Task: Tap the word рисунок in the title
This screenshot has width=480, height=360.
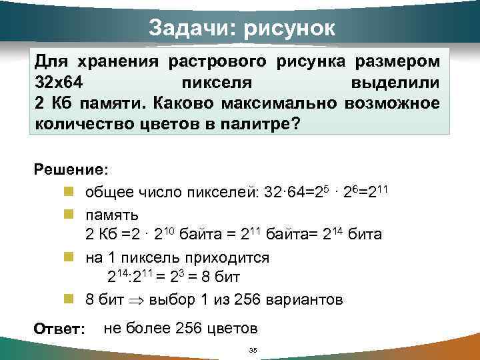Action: pos(288,28)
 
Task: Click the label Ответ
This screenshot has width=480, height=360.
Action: pos(59,329)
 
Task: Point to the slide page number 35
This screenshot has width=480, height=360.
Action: pos(252,350)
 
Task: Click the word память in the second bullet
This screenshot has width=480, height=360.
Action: pos(112,214)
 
